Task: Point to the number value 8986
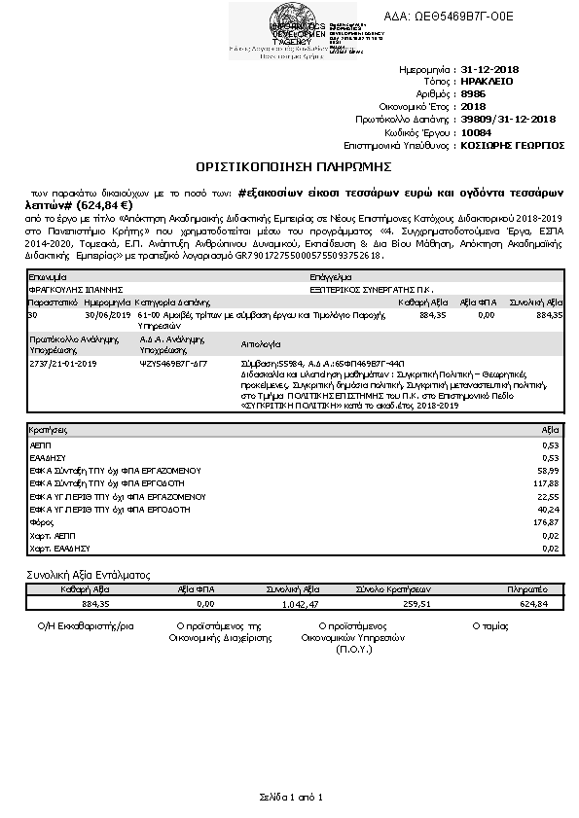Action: [474, 94]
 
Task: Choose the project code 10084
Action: [476, 131]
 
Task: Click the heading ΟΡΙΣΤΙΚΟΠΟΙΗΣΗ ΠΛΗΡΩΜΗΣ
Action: [289, 165]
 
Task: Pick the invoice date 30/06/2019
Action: [107, 315]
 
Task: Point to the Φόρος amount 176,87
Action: [545, 521]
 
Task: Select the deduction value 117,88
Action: [545, 482]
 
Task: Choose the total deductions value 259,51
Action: [386, 603]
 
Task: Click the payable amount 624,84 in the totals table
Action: [534, 603]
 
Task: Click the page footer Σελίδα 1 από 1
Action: [289, 797]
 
